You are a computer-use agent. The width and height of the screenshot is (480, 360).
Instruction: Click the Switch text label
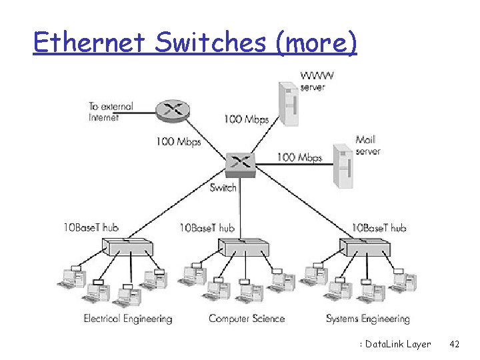[223, 188]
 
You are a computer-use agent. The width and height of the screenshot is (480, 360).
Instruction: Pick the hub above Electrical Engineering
[128, 249]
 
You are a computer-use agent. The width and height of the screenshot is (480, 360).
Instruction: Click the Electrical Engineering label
[128, 319]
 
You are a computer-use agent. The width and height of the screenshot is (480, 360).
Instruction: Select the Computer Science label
[247, 319]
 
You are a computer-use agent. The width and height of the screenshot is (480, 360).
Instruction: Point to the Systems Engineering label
[368, 319]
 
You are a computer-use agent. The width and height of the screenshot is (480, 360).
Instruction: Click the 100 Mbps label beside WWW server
[246, 120]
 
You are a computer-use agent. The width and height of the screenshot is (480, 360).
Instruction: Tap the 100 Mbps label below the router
[179, 141]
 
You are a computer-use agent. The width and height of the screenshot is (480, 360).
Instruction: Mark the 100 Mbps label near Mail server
[299, 158]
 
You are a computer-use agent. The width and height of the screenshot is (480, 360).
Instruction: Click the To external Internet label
[111, 111]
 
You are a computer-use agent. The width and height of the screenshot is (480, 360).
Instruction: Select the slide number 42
[455, 344]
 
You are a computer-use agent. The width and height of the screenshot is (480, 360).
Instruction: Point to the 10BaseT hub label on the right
[379, 228]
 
